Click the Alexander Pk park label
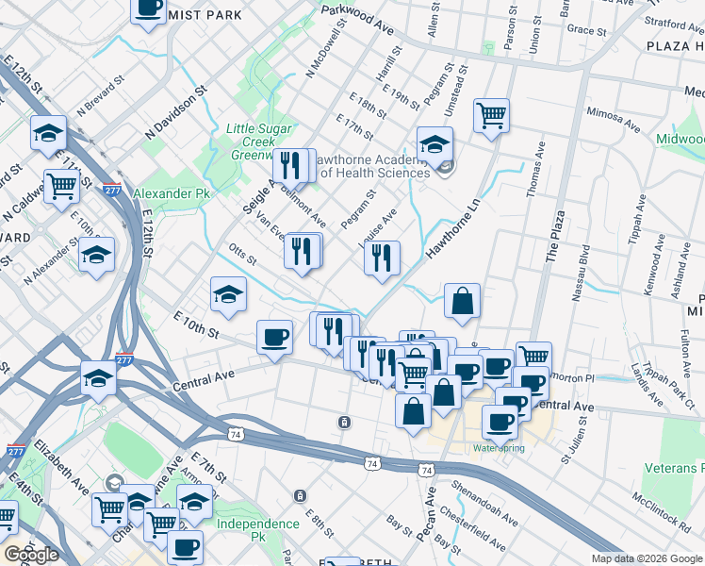point(169,193)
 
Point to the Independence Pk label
point(257,524)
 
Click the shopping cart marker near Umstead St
point(492,117)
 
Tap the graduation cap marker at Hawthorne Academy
point(434,144)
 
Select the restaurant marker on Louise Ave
point(382,258)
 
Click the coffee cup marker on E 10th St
point(275,337)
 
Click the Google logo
point(31,555)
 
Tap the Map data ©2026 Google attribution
point(647,558)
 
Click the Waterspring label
point(499,447)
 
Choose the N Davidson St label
point(176,118)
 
